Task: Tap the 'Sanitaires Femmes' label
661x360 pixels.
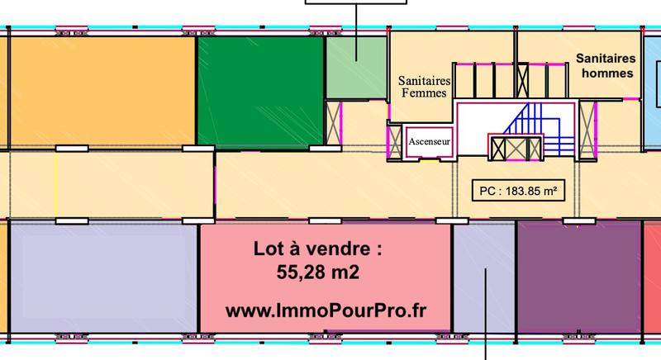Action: [423, 87]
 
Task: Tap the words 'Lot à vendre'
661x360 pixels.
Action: [317, 248]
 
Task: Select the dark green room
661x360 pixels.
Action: [259, 92]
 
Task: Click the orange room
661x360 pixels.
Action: [102, 92]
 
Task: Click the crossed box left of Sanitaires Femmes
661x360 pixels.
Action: [335, 119]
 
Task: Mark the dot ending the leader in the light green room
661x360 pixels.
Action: [357, 58]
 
